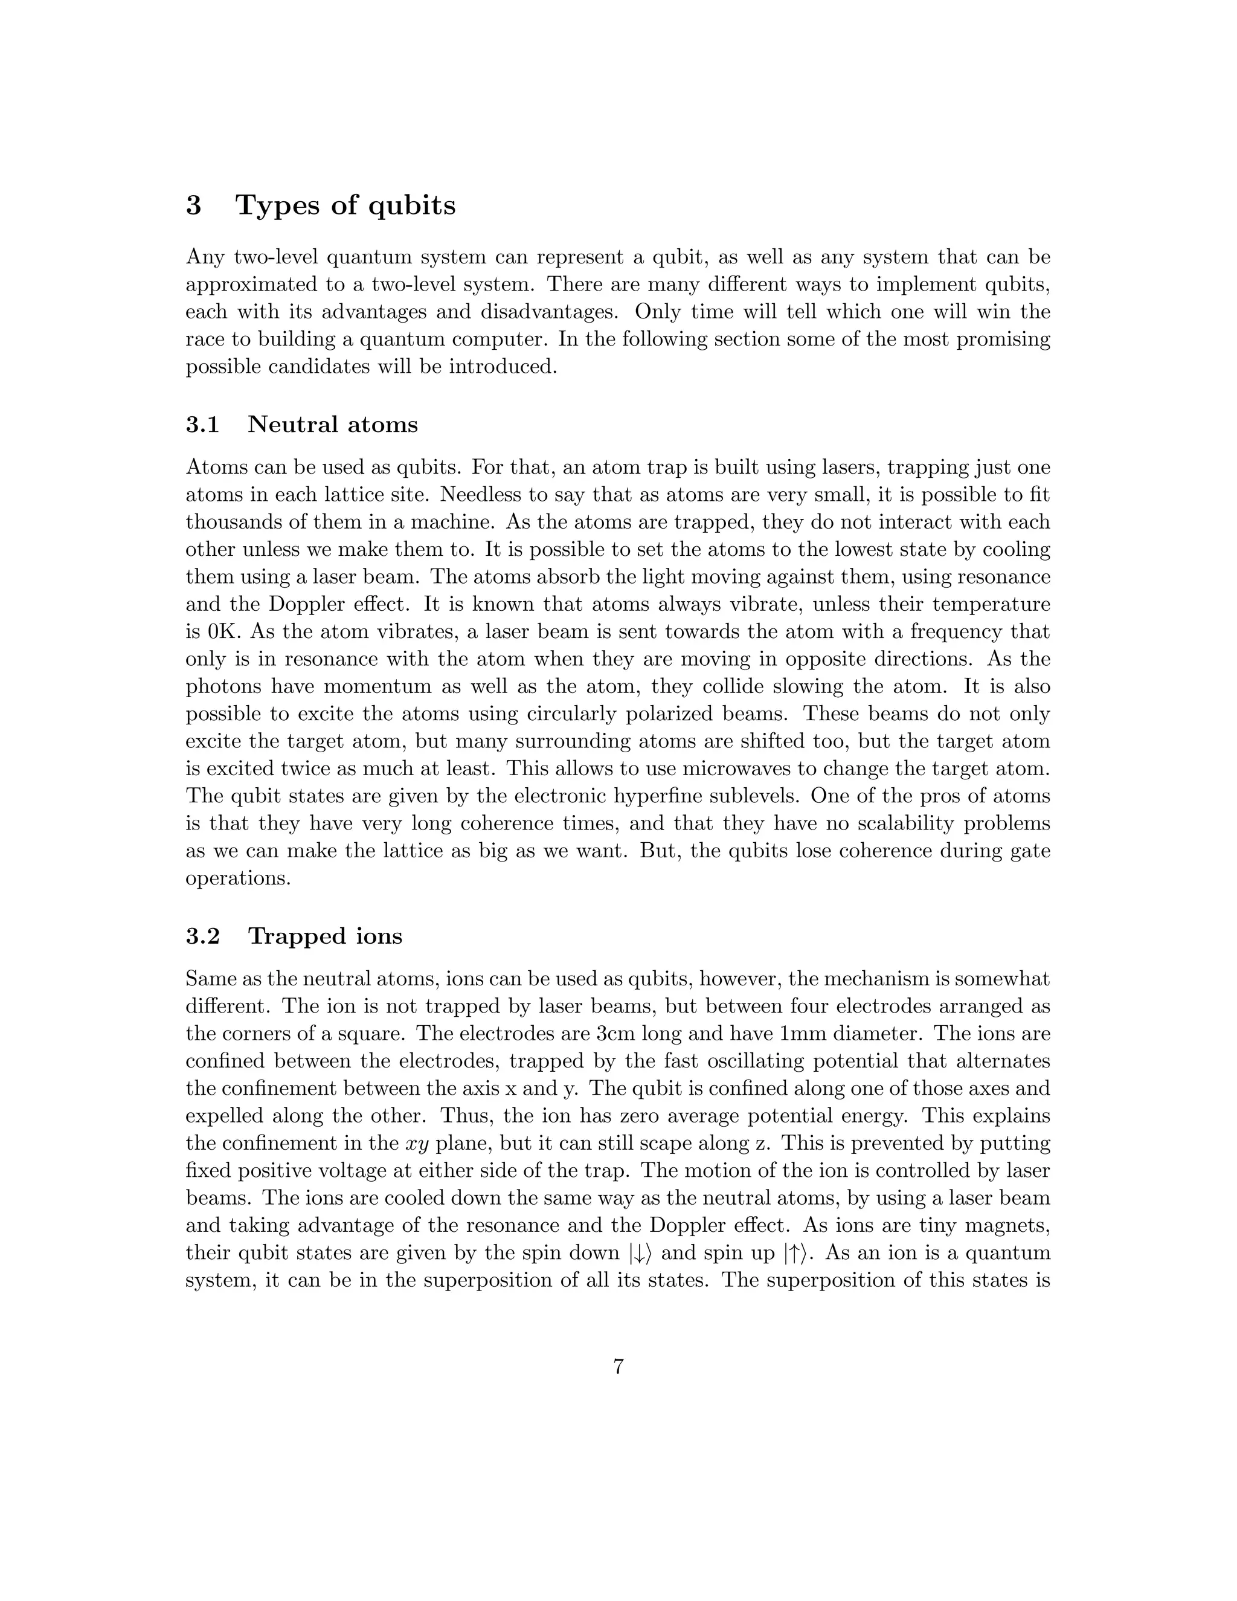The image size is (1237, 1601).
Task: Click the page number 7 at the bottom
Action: (618, 1367)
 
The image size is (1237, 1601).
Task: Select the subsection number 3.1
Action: (202, 425)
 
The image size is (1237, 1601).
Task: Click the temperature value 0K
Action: (217, 631)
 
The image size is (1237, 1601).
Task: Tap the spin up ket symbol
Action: (794, 1254)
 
